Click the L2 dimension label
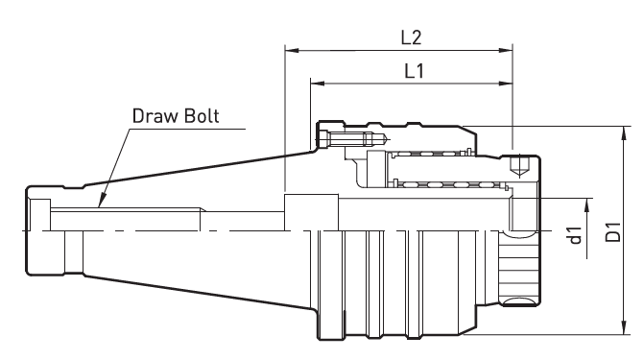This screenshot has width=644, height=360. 411,37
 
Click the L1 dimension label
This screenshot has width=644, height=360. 414,71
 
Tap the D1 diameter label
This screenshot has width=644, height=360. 613,231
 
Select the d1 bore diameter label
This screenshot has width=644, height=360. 576,235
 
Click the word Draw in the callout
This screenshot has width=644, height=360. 155,116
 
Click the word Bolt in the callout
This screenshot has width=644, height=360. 202,116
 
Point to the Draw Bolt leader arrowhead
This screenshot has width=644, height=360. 102,201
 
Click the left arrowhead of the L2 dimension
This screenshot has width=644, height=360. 292,51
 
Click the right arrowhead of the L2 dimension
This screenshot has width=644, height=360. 506,51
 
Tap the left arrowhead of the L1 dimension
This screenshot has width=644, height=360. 318,84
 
